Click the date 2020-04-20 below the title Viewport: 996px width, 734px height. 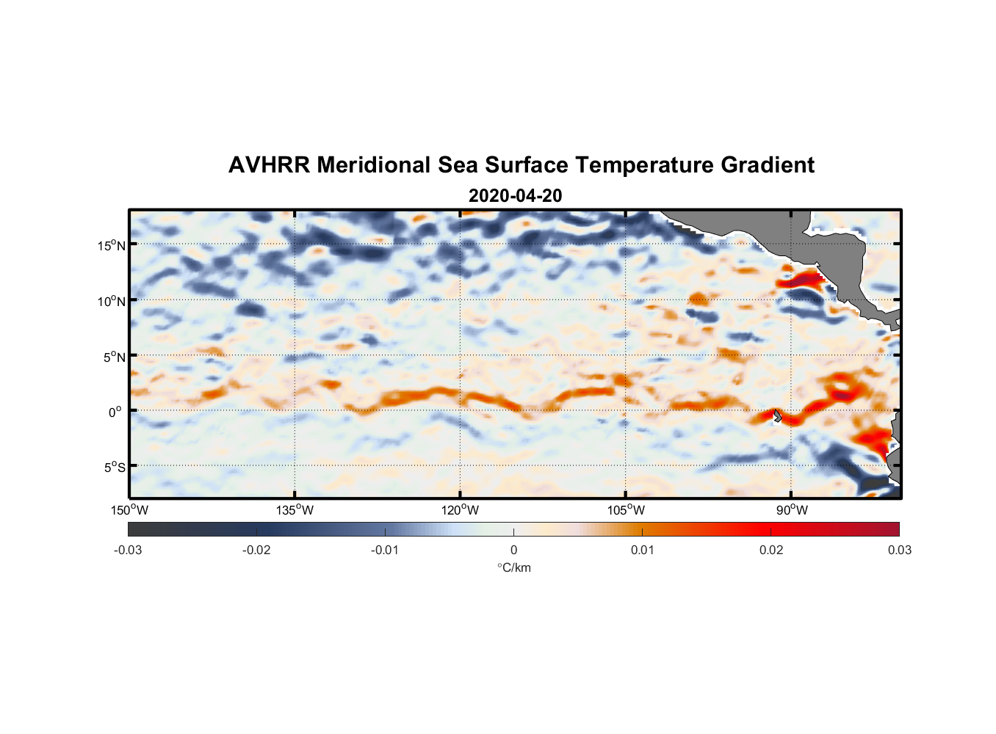[515, 196]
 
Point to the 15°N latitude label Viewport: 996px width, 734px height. [112, 245]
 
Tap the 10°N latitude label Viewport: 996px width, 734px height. [112, 301]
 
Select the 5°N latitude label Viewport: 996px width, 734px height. [114, 357]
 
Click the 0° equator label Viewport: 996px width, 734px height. [115, 412]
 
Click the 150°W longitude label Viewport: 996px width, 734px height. [130, 510]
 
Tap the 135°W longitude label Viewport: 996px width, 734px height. [295, 510]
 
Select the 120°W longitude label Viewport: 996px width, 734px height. [461, 510]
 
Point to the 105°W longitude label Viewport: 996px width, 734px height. [626, 510]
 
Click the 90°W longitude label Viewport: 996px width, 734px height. [792, 510]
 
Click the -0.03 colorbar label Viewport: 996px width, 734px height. [128, 550]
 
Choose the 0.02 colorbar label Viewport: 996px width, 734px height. [771, 550]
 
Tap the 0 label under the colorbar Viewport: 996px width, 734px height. [513, 550]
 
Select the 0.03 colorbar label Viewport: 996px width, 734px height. [899, 550]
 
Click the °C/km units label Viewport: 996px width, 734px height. [514, 567]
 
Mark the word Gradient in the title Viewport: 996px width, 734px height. [768, 165]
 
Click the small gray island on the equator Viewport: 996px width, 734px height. [777, 416]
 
